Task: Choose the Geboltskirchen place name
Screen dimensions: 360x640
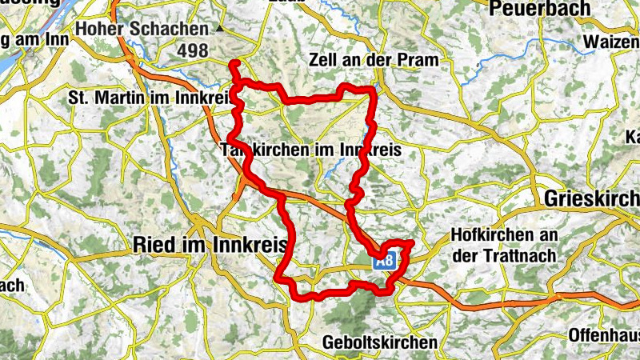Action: (380, 342)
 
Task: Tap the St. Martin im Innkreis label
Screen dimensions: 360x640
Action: (148, 98)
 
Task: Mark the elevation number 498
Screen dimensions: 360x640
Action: (192, 51)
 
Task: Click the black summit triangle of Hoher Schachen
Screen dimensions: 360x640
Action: (220, 30)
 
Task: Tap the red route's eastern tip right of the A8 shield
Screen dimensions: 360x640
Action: (412, 242)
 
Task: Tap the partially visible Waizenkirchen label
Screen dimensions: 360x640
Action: (612, 41)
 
